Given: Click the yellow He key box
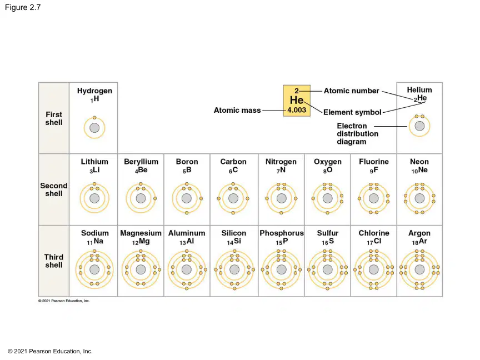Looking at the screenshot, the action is pyautogui.click(x=297, y=101).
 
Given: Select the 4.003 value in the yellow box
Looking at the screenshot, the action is pyautogui.click(x=297, y=110).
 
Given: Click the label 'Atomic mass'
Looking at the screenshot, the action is pyautogui.click(x=237, y=110).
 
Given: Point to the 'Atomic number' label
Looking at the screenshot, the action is pyautogui.click(x=352, y=91).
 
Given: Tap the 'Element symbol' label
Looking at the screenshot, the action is pyautogui.click(x=352, y=112).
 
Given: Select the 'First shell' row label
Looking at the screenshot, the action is pyautogui.click(x=54, y=118).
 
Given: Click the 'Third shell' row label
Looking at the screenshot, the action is pyautogui.click(x=54, y=261).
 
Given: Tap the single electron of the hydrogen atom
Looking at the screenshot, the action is pyautogui.click(x=94, y=118).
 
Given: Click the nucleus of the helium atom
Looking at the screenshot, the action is pyautogui.click(x=419, y=126).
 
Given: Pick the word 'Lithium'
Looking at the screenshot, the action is pyautogui.click(x=94, y=162).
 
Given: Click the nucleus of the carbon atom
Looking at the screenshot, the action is pyautogui.click(x=233, y=198).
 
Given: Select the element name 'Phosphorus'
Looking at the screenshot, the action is pyautogui.click(x=282, y=233).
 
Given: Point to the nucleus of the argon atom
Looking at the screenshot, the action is pyautogui.click(x=419, y=269).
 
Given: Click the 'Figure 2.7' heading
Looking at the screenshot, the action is pyautogui.click(x=23, y=7).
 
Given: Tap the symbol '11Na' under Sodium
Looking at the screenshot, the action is pyautogui.click(x=95, y=242).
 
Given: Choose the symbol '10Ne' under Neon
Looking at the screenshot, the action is pyautogui.click(x=419, y=170).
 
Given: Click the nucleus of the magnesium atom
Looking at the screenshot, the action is pyautogui.click(x=141, y=269).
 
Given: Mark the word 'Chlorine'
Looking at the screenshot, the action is pyautogui.click(x=374, y=233).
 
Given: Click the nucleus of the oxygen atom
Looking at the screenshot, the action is pyautogui.click(x=328, y=198).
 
